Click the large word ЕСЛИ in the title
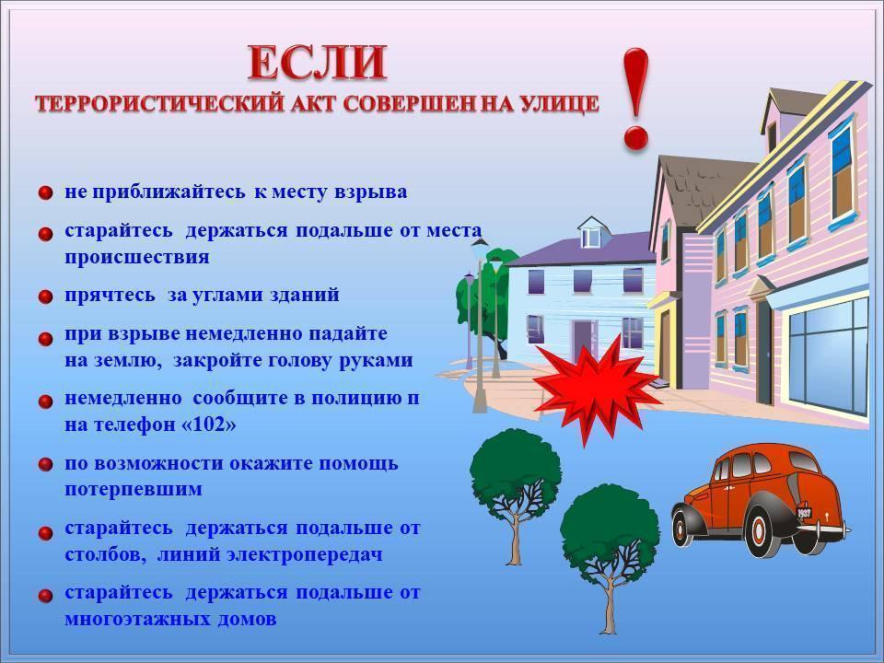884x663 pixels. pyautogui.click(x=318, y=63)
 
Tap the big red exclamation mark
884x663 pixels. pyautogui.click(x=635, y=99)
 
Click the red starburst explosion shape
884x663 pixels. pyautogui.click(x=597, y=389)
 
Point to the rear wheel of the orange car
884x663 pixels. pyautogui.click(x=759, y=532)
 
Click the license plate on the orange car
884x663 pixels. pyautogui.click(x=804, y=513)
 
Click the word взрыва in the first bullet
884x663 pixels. pyautogui.click(x=370, y=192)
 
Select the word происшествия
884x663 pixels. pyautogui.click(x=137, y=258)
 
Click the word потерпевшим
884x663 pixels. pyautogui.click(x=133, y=489)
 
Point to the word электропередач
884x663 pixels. pyautogui.click(x=305, y=554)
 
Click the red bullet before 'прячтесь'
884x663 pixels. pyautogui.click(x=45, y=297)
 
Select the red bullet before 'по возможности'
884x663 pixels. pyautogui.click(x=45, y=465)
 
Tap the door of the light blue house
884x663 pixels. pyautogui.click(x=584, y=340)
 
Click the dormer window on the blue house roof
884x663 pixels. pyautogui.click(x=591, y=237)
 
